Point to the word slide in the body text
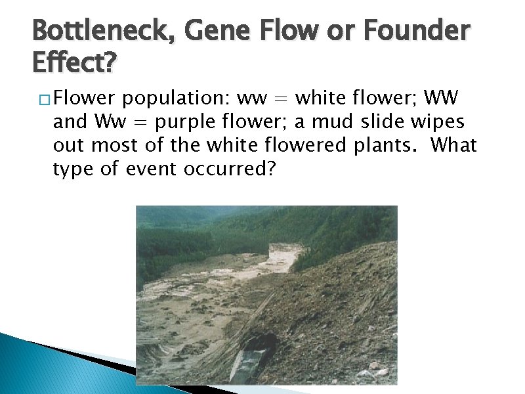pyautogui.click(x=376, y=122)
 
